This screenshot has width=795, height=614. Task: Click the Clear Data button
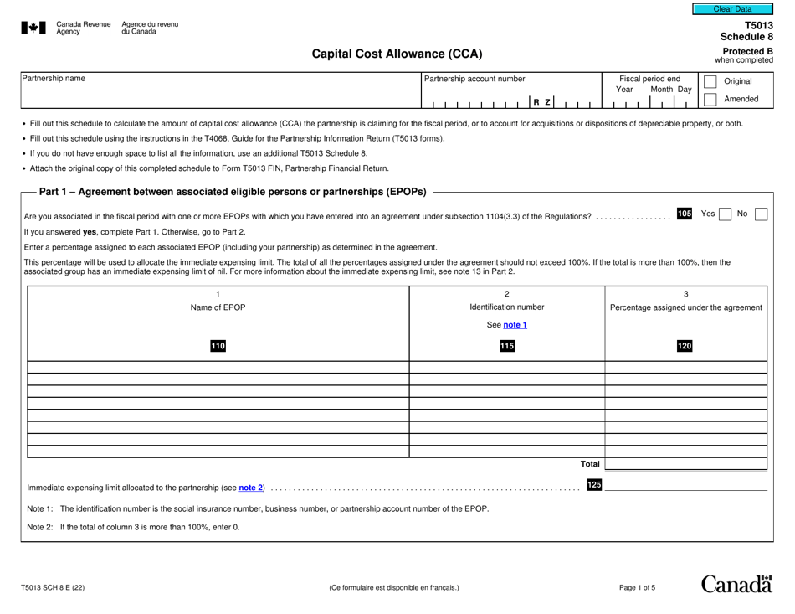[732, 9]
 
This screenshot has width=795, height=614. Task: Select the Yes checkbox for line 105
[726, 214]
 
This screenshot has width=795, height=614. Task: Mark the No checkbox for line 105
[761, 214]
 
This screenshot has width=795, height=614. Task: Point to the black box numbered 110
[218, 346]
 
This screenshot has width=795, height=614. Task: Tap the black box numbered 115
[506, 346]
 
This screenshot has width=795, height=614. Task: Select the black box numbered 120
[685, 346]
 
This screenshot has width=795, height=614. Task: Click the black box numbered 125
[594, 484]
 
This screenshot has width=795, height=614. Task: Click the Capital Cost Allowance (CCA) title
[397, 54]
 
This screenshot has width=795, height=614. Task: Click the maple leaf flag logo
[33, 28]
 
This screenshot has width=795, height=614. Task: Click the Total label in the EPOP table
[590, 463]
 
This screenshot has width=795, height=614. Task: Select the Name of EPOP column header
[218, 307]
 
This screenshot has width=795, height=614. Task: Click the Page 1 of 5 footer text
[637, 588]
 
